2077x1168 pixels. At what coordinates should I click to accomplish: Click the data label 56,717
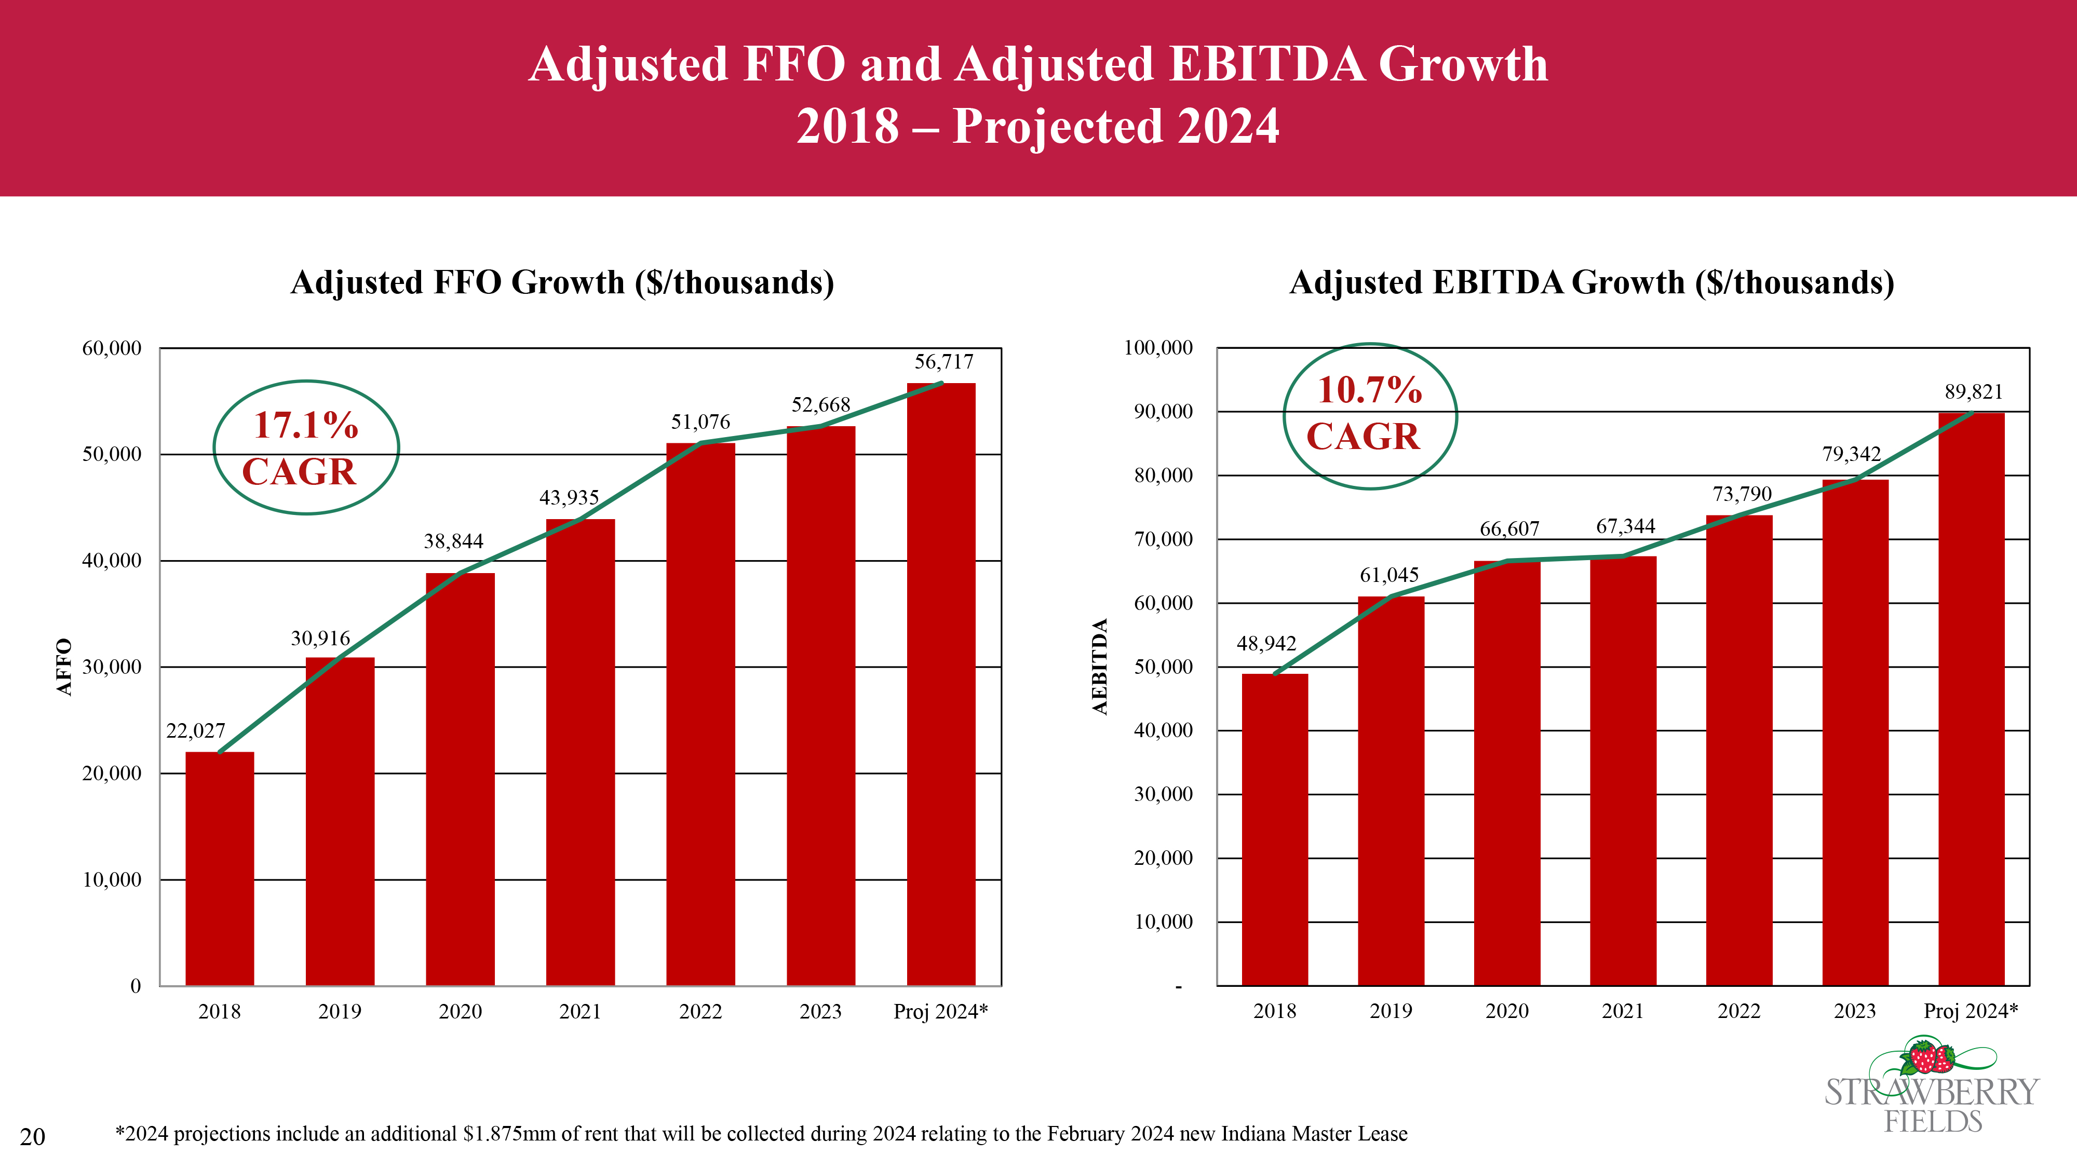point(943,362)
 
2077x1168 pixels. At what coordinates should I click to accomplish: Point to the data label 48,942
point(1266,643)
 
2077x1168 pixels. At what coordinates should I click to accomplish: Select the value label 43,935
point(569,497)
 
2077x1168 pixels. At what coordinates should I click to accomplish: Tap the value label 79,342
point(1851,454)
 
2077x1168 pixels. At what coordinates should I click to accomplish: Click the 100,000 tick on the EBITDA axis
point(1158,348)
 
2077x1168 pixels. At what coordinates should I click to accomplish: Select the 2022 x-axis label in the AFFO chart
point(700,1012)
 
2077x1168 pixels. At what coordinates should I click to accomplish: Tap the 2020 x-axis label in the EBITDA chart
point(1506,1011)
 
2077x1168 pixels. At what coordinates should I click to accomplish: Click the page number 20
point(32,1136)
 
